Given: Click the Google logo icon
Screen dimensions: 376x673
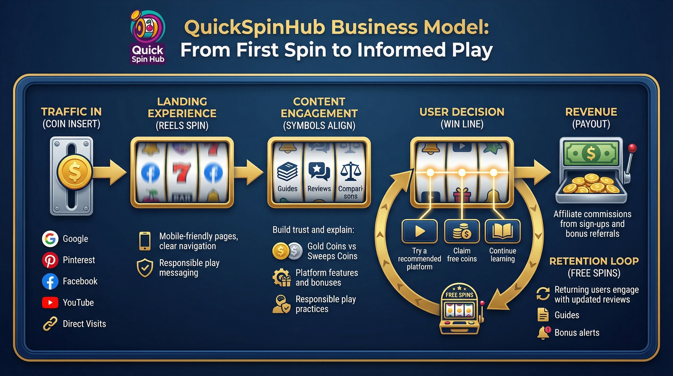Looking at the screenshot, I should click(50, 239).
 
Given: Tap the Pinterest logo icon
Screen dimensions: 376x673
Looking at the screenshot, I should click(50, 260).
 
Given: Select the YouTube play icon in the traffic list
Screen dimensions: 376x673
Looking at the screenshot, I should click(50, 303).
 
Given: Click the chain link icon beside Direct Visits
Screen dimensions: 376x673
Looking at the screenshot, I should click(50, 324).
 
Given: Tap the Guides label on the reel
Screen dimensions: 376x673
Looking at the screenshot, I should click(287, 188).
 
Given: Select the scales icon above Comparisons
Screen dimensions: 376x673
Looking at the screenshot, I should click(351, 172).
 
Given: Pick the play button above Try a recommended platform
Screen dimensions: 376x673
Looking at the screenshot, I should click(420, 231).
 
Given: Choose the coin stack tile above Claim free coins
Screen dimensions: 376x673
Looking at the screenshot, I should click(462, 231).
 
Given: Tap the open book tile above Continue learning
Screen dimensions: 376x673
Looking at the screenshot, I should click(502, 231).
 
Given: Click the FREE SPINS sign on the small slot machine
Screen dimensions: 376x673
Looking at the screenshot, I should click(459, 295).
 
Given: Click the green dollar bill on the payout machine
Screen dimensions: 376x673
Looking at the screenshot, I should click(591, 153).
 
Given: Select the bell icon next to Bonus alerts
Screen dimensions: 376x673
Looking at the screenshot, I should click(543, 333).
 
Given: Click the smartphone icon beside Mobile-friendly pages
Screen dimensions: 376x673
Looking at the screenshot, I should click(145, 241).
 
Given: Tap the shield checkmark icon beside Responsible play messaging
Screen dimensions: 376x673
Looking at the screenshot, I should click(145, 268).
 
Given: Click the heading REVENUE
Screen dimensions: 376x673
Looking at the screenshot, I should click(591, 112).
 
